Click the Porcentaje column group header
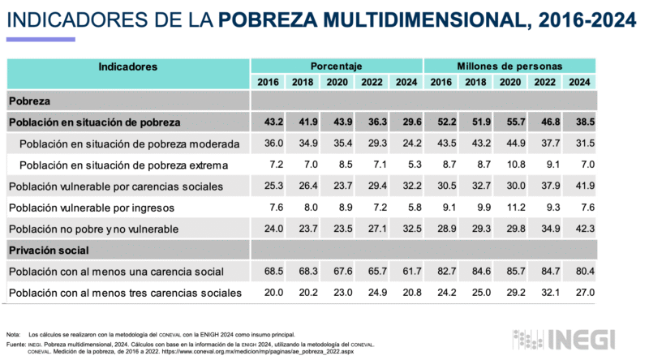[x=336, y=66]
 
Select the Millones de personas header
[x=509, y=66]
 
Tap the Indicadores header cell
[x=127, y=66]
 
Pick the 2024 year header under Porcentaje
[x=406, y=82]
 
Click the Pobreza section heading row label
[x=29, y=101]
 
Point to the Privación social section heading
[x=49, y=251]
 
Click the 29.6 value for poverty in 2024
[x=406, y=122]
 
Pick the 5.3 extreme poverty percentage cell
[x=406, y=165]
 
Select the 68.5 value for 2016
[x=268, y=271]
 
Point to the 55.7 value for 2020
[x=510, y=122]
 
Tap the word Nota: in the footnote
[x=13, y=335]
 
